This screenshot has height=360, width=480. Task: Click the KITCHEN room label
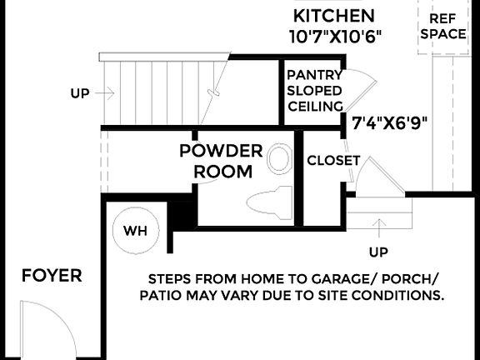(x=334, y=16)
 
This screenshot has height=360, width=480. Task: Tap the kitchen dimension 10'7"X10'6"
(x=334, y=37)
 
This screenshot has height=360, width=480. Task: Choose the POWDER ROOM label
(x=222, y=162)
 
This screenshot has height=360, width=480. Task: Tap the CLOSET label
(x=333, y=160)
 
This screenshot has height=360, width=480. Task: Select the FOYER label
(x=52, y=276)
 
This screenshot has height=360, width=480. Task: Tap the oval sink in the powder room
(x=280, y=159)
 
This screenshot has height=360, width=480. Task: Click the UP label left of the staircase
(x=80, y=94)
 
